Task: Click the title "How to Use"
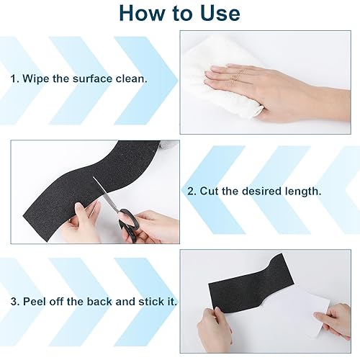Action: [x=179, y=13]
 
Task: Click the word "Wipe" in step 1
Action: [x=35, y=78]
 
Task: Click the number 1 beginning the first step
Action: [x=14, y=78]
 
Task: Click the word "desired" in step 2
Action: [x=261, y=192]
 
